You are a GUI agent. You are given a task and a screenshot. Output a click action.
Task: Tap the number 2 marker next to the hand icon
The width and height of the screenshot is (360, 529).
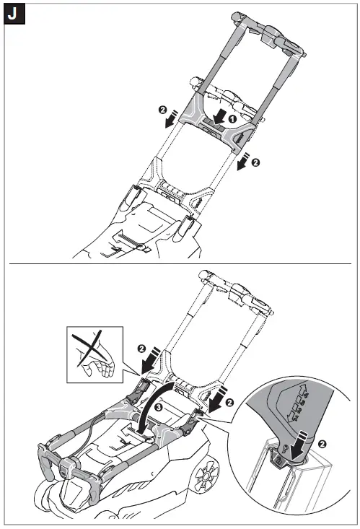[142, 348]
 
